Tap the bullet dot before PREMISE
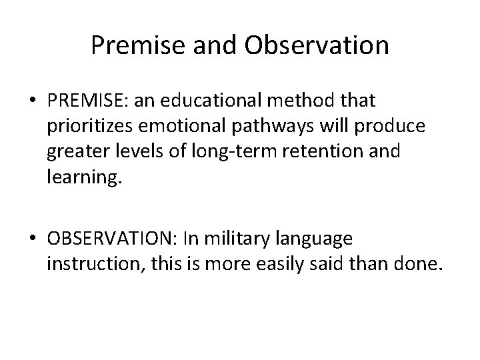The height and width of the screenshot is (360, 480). point(33,101)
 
